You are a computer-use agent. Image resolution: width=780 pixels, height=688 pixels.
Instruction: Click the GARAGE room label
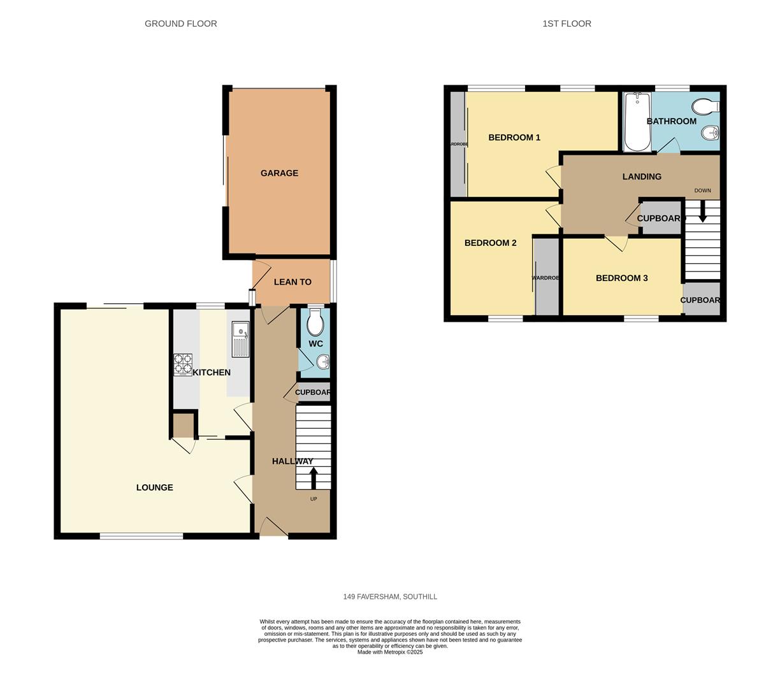coord(279,173)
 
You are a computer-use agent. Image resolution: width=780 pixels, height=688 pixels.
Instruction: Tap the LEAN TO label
coord(292,282)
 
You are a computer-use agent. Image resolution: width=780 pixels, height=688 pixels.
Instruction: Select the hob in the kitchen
coord(183,364)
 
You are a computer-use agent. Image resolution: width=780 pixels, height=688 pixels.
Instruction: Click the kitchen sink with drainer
coord(240,339)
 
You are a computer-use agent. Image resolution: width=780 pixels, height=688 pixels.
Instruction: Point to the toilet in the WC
coord(315,323)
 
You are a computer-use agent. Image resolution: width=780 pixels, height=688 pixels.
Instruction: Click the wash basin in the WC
coord(322,362)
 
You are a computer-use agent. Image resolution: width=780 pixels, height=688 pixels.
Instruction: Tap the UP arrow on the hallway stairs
coord(313,478)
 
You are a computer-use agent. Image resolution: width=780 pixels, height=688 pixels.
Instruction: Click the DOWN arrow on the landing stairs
coord(702,211)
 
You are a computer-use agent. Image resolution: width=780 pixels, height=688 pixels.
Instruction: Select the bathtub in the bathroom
coord(637,122)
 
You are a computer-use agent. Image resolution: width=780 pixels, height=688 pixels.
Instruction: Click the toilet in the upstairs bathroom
coord(707,106)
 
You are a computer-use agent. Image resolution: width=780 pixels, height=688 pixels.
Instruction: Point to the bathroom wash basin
coord(710,133)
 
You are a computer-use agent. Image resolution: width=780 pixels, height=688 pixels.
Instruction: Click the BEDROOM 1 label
coord(514,138)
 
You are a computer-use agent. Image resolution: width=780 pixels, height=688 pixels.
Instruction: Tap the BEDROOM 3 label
coord(621,278)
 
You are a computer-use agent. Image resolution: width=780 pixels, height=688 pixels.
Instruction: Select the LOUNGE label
coord(155,488)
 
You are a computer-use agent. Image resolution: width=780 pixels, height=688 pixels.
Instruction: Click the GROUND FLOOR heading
coord(181,24)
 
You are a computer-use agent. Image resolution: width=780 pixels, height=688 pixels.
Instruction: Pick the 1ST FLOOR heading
coord(567,24)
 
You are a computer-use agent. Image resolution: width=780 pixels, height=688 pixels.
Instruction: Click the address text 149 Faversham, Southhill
coord(390,597)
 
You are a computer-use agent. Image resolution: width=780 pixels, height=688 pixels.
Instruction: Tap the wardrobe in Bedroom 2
coord(546,278)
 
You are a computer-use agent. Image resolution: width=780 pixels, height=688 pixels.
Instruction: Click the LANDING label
coord(642,176)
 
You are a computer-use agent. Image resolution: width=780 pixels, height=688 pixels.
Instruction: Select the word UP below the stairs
coord(314,499)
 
